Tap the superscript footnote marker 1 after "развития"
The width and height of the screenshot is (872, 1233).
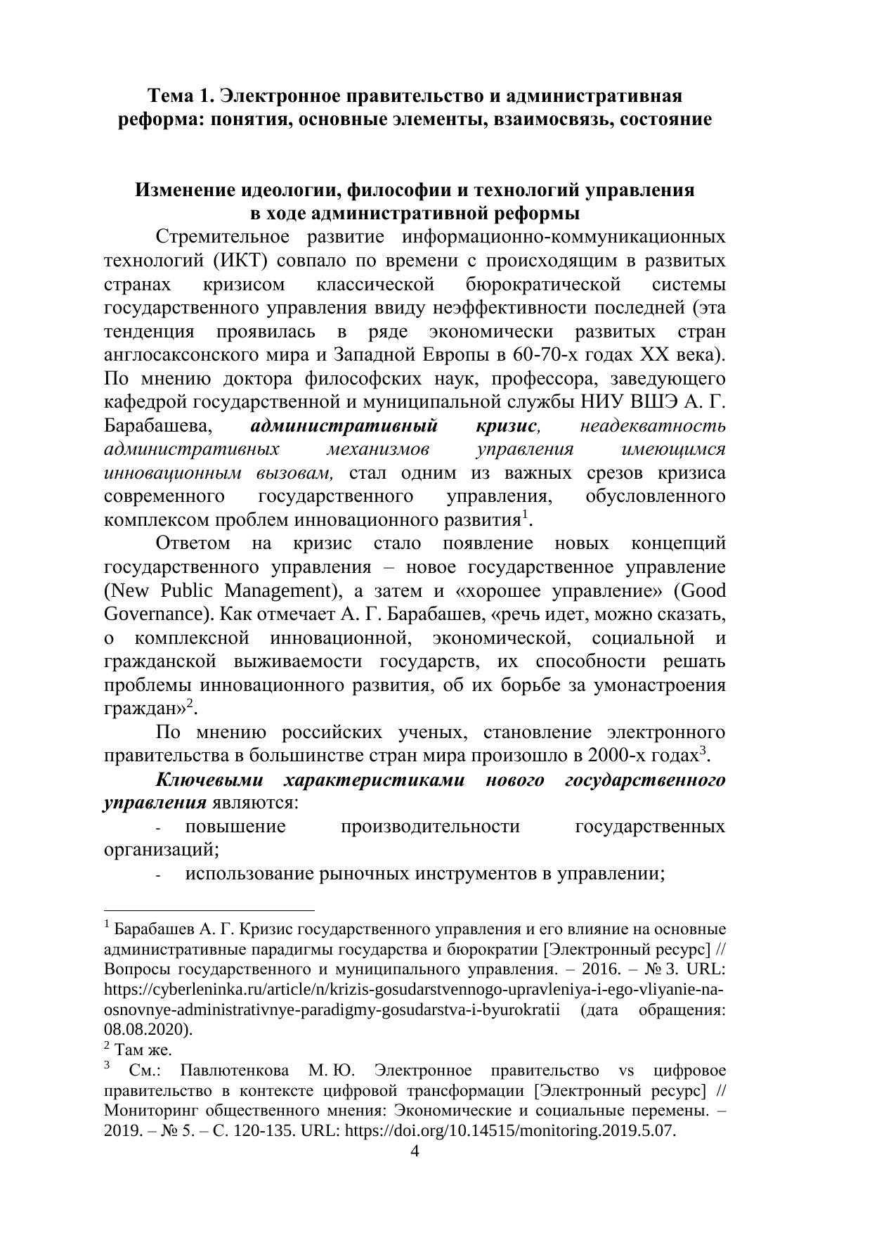524,515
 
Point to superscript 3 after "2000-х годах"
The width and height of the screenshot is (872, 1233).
701,750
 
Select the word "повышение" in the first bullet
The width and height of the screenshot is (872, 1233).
235,827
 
